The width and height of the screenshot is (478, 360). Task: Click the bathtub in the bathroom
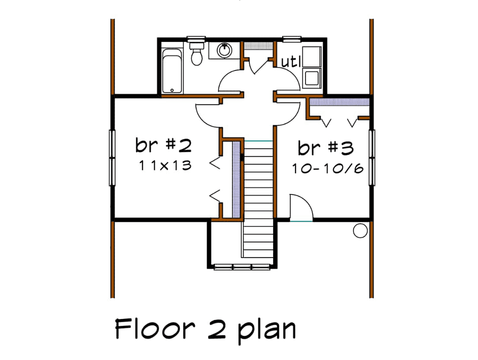172,71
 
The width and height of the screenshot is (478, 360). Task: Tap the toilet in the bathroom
197,54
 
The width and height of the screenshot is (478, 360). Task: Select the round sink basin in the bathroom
224,50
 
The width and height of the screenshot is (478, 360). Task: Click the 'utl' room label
291,62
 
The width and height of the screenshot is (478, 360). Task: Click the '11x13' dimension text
165,165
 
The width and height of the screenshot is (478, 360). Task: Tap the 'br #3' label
325,148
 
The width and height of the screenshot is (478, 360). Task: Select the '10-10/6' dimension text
327,169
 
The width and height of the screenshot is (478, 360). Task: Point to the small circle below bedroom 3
360,231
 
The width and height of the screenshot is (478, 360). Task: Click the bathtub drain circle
172,90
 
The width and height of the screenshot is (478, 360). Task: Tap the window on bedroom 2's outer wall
112,158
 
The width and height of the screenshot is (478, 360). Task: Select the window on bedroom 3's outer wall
372,158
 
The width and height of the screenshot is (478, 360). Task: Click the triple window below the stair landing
242,267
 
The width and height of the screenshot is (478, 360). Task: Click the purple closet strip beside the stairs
236,180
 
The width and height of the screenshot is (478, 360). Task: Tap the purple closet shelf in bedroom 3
339,102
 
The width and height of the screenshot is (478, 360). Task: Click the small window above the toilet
196,39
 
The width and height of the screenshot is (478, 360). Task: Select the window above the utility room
292,39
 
